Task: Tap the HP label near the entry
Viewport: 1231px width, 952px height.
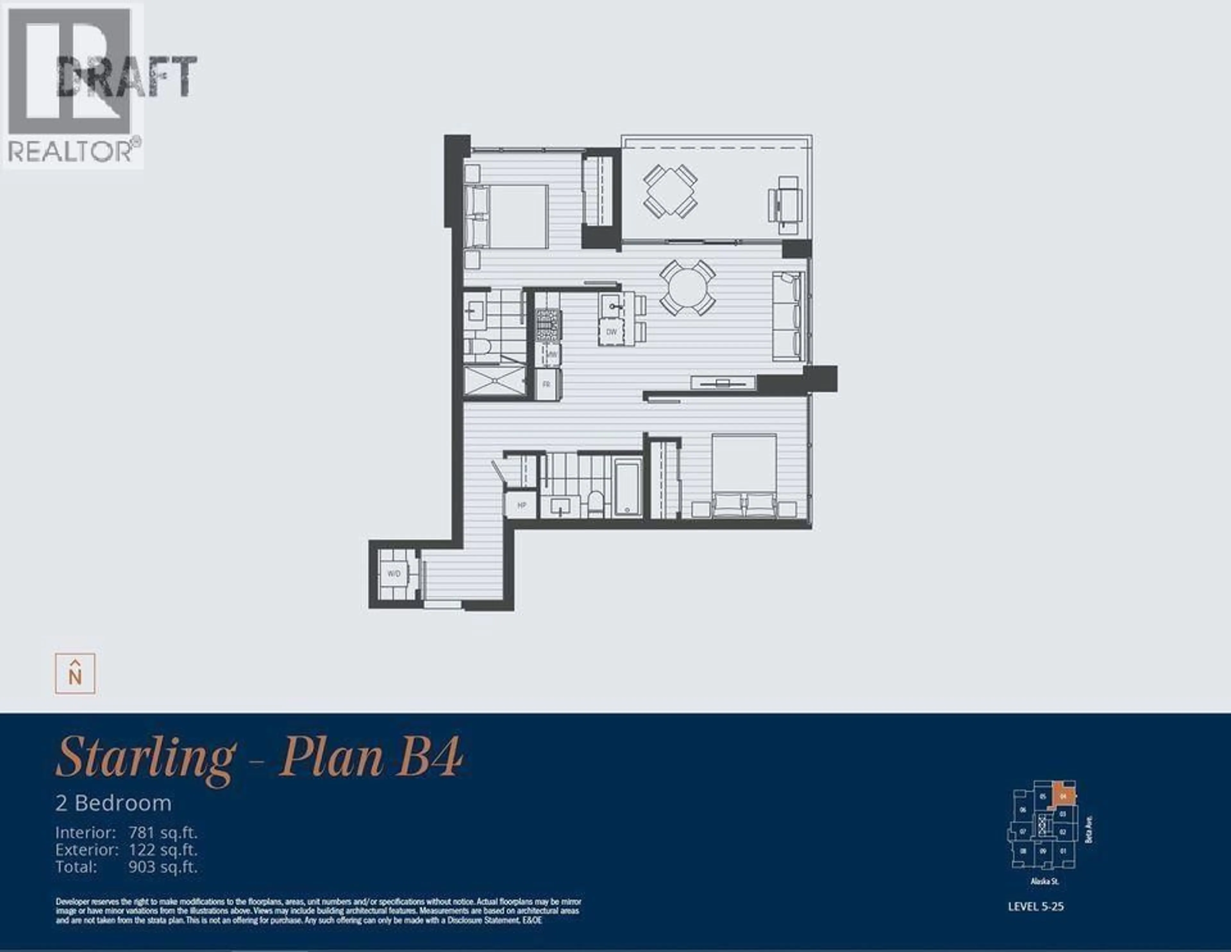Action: click(x=521, y=505)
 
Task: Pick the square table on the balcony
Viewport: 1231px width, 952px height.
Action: click(x=670, y=190)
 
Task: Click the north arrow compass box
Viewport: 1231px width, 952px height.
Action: click(x=75, y=674)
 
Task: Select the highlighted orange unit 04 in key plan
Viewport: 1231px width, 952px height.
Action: click(x=1063, y=797)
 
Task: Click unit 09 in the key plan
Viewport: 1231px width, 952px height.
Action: click(x=1043, y=850)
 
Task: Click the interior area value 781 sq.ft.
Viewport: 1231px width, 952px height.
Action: click(x=163, y=833)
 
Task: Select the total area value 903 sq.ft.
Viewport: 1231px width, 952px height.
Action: click(x=163, y=867)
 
